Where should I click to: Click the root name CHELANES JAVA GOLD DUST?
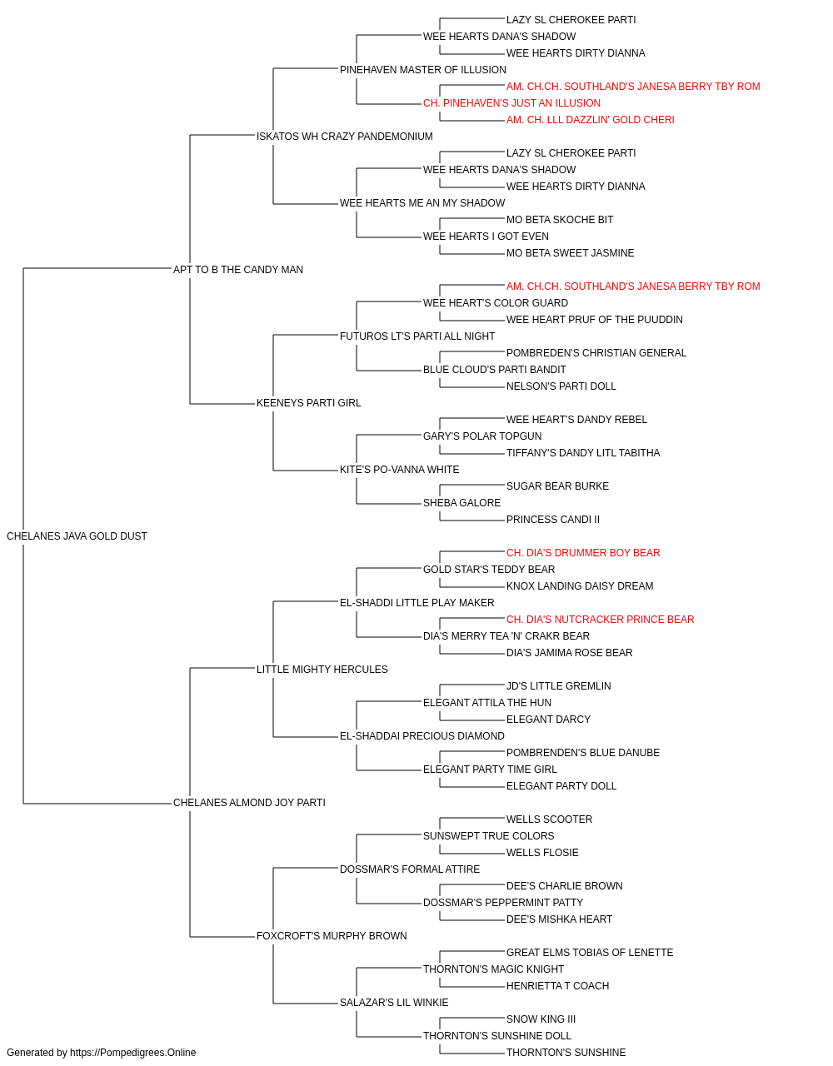tap(77, 536)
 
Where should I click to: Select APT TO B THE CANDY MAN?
tap(238, 269)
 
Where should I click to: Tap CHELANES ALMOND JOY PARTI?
tap(249, 803)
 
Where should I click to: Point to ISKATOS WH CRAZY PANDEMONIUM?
tap(344, 137)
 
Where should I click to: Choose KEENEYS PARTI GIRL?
tap(308, 403)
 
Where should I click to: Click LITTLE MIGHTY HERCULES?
tap(322, 669)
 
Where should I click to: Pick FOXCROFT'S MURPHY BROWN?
tap(332, 935)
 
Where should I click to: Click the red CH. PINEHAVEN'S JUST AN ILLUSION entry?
tap(511, 103)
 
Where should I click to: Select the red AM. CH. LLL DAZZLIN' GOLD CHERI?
tap(590, 120)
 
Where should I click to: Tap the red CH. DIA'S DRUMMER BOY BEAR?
tap(583, 553)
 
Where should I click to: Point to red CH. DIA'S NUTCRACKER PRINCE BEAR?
tap(600, 620)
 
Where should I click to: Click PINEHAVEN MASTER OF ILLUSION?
tap(423, 70)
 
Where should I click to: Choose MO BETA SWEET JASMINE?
tap(570, 253)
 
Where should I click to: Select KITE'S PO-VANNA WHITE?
tap(399, 470)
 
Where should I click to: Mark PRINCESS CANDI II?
tap(553, 520)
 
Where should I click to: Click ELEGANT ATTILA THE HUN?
tap(487, 703)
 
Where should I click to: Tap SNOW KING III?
tap(541, 1019)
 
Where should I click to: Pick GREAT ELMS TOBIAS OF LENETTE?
tap(590, 952)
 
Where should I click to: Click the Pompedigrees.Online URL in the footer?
tap(133, 1053)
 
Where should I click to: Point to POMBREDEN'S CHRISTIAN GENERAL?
tap(596, 353)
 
